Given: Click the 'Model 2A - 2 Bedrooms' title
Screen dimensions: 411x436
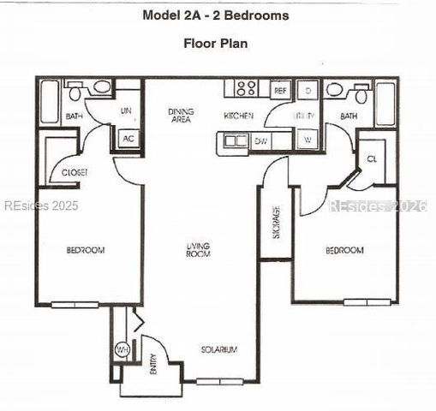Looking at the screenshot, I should (216, 15).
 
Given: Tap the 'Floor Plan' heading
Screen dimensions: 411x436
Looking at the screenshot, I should (216, 43).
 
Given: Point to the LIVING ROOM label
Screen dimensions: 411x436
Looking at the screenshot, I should (199, 250).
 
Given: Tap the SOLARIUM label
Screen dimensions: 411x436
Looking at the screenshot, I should (218, 349).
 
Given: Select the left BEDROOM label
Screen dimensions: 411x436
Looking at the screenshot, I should (86, 250).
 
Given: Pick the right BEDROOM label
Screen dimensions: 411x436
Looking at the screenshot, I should (344, 250).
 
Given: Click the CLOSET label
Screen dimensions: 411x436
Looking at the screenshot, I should (75, 173).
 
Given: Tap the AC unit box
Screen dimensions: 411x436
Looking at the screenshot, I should (128, 139).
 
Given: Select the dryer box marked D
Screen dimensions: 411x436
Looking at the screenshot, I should (308, 90).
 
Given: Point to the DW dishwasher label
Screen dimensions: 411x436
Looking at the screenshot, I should (261, 140).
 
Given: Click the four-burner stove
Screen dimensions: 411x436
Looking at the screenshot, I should (247, 88).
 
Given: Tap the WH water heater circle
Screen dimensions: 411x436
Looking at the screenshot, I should (122, 350).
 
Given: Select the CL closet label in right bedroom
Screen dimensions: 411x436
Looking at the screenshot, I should (372, 159).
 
